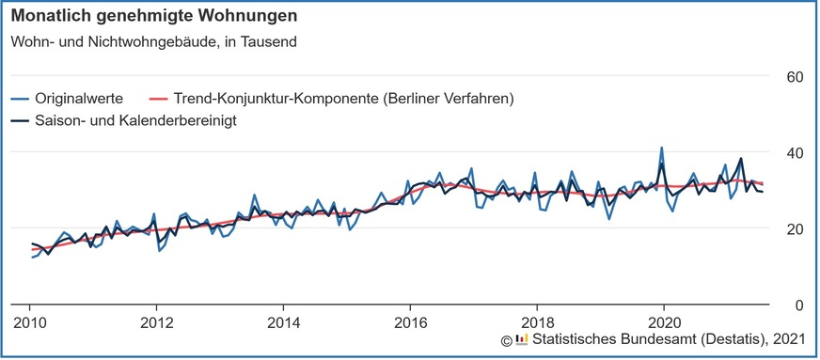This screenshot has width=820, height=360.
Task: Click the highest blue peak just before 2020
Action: click(661, 148)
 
